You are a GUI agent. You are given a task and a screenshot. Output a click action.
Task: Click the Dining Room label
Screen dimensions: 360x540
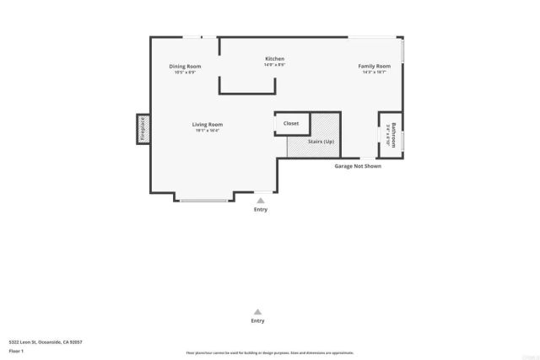[x=185, y=66]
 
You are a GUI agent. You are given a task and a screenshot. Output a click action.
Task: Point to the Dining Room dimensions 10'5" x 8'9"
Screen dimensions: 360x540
[x=185, y=73]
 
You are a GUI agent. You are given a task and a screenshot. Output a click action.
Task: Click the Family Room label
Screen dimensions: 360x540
[x=375, y=66]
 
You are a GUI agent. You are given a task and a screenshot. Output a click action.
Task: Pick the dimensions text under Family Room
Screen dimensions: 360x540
[x=375, y=73]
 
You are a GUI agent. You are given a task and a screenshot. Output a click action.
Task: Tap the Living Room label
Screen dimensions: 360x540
[x=207, y=125]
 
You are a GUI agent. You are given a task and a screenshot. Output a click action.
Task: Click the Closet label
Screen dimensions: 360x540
[x=291, y=123]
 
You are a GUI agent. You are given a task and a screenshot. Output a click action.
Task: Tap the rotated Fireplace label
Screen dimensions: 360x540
[x=142, y=129]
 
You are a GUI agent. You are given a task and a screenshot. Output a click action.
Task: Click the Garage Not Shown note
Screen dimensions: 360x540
[x=358, y=166]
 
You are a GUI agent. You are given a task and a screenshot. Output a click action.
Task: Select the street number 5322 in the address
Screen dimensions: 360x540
[x=14, y=341]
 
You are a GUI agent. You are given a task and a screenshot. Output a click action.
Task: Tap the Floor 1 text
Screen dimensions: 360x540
[x=16, y=350]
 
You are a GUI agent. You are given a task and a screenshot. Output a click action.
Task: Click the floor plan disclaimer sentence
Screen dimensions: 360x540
[x=269, y=352]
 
